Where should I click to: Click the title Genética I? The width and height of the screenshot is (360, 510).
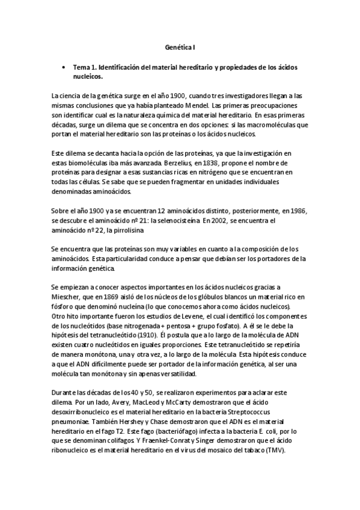point(180,46)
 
